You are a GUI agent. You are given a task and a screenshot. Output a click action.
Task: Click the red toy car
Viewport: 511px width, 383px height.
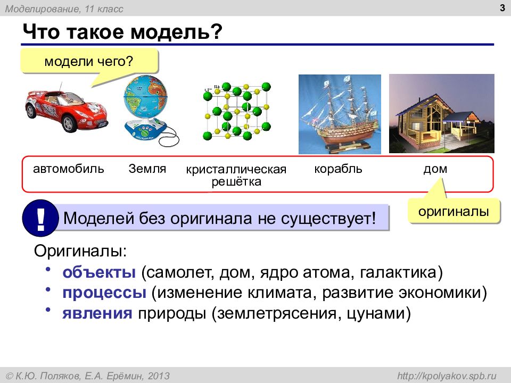tap(67, 109)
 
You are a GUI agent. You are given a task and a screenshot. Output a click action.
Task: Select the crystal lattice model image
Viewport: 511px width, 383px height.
tap(237, 111)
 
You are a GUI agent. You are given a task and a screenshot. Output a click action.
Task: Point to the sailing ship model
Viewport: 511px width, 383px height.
tap(340, 114)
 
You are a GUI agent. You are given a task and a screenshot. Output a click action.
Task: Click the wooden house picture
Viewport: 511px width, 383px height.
tap(442, 113)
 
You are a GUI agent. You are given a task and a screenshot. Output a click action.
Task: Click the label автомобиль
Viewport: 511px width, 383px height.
tap(69, 169)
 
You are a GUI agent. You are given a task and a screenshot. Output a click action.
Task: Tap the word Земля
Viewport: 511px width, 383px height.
tap(147, 169)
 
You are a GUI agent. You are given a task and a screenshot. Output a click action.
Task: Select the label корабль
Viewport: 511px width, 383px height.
tap(339, 169)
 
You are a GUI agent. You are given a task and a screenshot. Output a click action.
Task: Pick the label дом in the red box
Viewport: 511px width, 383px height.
tap(435, 169)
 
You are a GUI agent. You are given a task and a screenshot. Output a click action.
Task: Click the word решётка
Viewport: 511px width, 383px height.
tap(236, 181)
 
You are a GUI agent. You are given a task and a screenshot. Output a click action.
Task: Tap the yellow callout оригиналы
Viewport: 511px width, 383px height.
tap(454, 211)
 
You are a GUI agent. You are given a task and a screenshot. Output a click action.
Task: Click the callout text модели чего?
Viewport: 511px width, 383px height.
tap(89, 61)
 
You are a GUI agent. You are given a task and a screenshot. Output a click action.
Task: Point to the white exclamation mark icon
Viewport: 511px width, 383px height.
tap(40, 218)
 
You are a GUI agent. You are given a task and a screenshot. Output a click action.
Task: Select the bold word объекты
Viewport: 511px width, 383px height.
tap(99, 272)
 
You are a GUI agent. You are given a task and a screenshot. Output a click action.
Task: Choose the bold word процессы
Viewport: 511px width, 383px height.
tap(104, 293)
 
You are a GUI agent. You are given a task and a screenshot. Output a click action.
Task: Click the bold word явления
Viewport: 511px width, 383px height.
tap(97, 313)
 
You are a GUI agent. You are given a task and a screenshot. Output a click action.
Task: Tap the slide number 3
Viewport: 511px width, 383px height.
tap(502, 8)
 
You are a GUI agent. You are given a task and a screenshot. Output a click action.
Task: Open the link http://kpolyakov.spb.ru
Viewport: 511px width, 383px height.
tap(447, 376)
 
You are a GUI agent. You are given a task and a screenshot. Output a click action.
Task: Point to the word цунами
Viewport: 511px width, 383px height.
tap(375, 314)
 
